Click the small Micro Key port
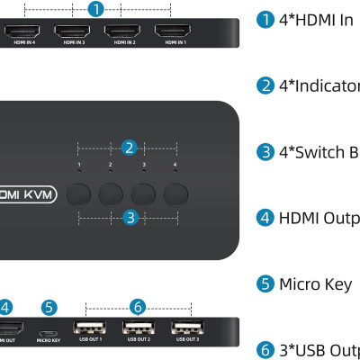coord(49,328)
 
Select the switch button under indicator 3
coord(144,193)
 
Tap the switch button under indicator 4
coord(175,193)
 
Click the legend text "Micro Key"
coord(314,284)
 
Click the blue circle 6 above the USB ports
coord(138,307)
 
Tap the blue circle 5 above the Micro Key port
coord(49,307)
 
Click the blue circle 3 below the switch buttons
coord(130,217)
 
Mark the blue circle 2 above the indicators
coord(130,147)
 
